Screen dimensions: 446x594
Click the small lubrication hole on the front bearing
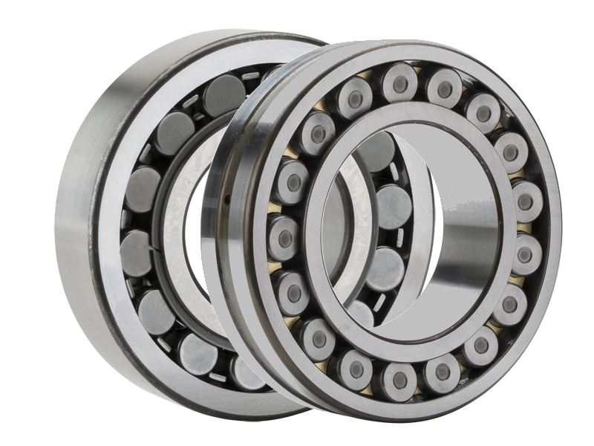(225, 199)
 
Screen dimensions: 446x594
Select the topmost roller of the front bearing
(400, 83)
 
